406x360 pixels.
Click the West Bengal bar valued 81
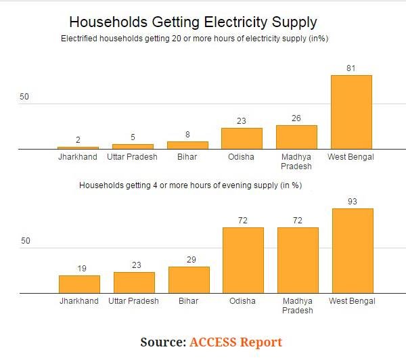point(351,112)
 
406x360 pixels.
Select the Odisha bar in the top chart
point(242,139)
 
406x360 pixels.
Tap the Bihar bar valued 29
point(189,280)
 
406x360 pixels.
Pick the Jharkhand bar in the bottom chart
point(79,284)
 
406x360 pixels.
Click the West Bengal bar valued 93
point(351,251)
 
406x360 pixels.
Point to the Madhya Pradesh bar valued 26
point(296,137)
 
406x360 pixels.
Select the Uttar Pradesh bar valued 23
point(134,283)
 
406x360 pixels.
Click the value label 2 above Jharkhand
point(78,140)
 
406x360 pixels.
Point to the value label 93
point(351,202)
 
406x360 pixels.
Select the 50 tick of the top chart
point(25,97)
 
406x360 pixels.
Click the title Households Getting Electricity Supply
point(193,22)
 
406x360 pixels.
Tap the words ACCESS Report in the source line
point(235,342)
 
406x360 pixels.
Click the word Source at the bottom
point(162,342)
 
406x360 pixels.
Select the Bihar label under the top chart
point(188,157)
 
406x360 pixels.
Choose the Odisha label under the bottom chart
point(242,301)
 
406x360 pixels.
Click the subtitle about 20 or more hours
point(194,39)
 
